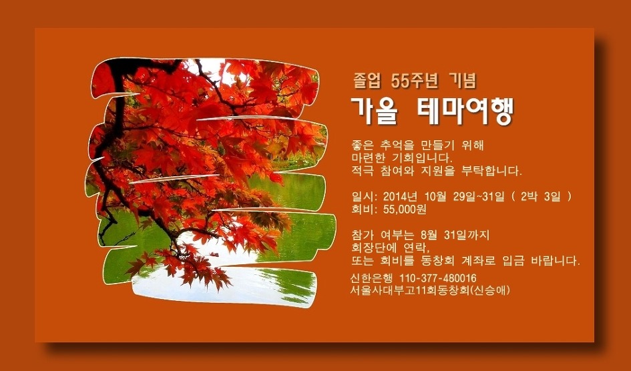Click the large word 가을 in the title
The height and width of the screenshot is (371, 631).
pyautogui.click(x=375, y=111)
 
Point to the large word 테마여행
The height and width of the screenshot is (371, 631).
pyautogui.click(x=464, y=111)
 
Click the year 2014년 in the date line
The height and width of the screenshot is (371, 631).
pyautogui.click(x=400, y=197)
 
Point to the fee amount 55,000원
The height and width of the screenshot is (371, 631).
pyautogui.click(x=405, y=210)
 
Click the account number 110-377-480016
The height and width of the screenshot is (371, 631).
pyautogui.click(x=438, y=278)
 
